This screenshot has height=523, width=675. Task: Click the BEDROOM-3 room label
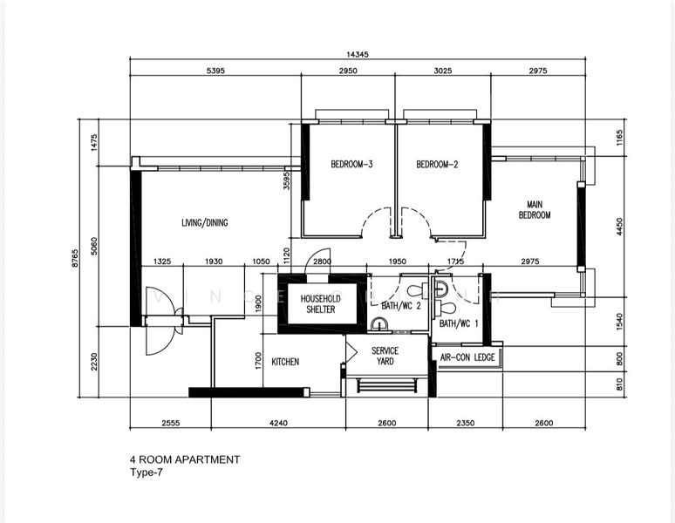[351, 164]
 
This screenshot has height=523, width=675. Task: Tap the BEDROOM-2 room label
[437, 164]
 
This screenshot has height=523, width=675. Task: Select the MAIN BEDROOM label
[535, 209]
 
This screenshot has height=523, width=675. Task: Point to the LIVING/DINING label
[204, 222]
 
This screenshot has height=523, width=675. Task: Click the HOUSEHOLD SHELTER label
[321, 303]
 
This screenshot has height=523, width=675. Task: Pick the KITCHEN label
[285, 362]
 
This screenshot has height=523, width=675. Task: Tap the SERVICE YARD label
[385, 356]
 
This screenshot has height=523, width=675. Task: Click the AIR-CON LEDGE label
[467, 357]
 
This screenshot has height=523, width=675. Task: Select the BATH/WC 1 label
[459, 323]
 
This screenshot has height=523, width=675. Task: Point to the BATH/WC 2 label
[401, 305]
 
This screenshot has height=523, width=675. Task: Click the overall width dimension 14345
[358, 54]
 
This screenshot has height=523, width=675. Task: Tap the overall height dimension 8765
[75, 258]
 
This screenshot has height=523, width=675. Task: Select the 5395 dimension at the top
[215, 71]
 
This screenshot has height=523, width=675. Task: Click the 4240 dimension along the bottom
[278, 423]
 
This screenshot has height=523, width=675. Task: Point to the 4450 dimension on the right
[619, 227]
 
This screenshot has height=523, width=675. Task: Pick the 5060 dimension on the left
[94, 246]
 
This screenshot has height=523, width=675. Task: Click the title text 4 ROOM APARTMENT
[185, 459]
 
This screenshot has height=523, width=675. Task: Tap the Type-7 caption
[147, 472]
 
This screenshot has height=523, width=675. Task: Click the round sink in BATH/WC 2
[379, 323]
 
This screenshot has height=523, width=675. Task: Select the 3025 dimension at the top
[443, 71]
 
